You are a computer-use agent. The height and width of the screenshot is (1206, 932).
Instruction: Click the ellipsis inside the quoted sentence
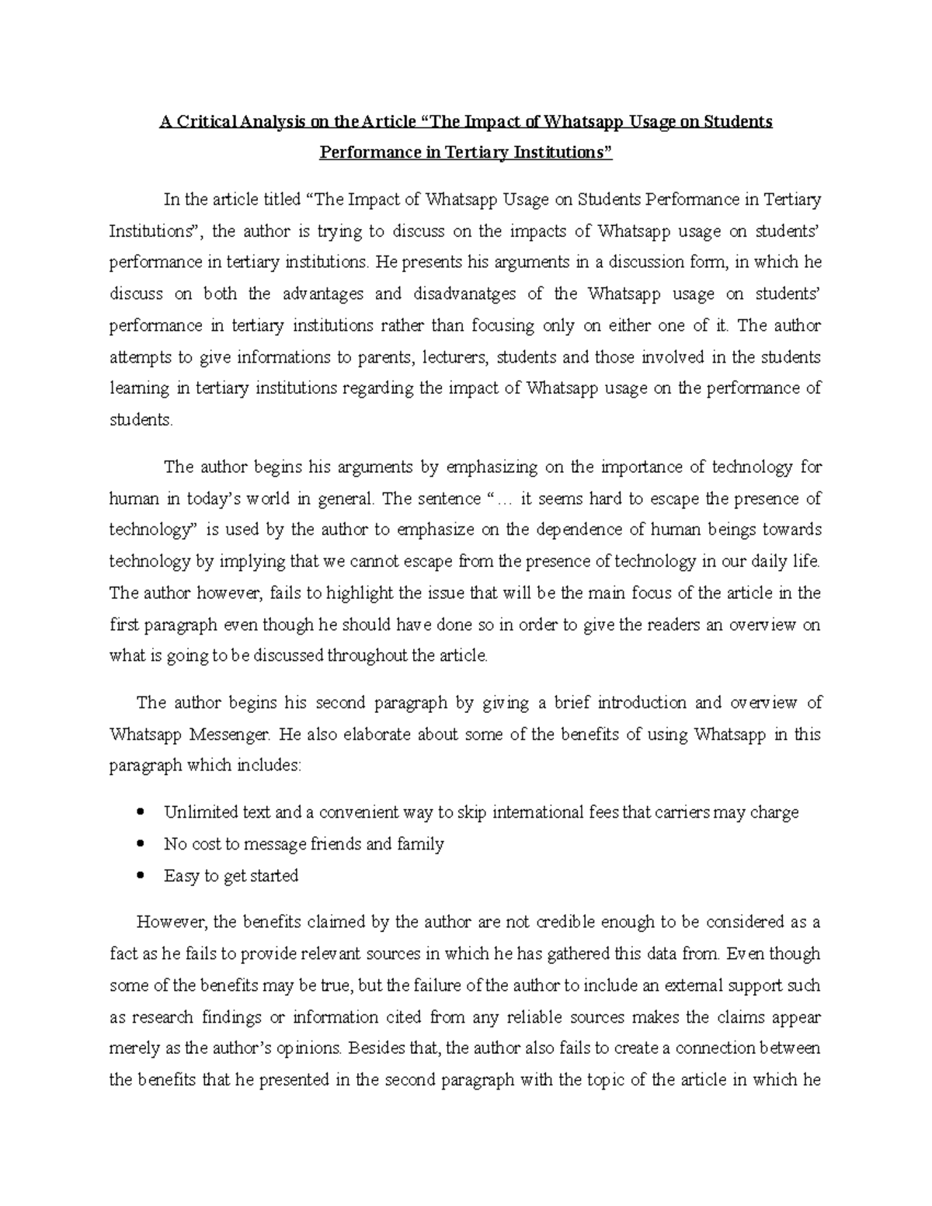(504, 499)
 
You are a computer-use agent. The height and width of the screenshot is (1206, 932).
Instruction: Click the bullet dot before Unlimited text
(140, 813)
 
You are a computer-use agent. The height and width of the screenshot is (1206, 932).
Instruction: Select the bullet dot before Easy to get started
(140, 876)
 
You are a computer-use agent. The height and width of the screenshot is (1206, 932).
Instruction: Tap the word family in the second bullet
(419, 844)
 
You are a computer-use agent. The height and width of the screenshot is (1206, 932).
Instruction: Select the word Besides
(375, 1048)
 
